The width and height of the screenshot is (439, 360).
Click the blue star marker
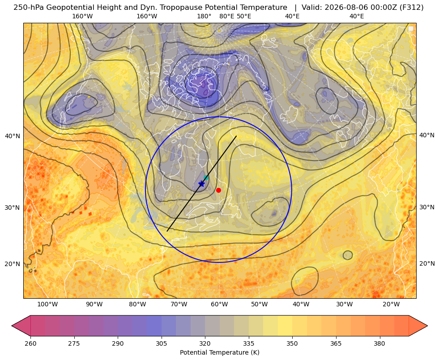tap(201, 184)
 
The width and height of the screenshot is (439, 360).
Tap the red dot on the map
tap(219, 190)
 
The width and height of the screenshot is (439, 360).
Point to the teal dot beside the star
tap(206, 178)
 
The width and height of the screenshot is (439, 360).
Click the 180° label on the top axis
tap(204, 16)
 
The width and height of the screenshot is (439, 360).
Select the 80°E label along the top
tap(226, 16)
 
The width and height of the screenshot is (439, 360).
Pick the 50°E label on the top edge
tap(244, 16)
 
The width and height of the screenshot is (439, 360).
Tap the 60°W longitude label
tap(219, 304)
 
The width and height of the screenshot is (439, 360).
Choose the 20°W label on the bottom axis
tap(391, 304)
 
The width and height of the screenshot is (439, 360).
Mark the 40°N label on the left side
tap(13, 136)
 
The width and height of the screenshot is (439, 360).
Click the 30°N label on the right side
tap(427, 207)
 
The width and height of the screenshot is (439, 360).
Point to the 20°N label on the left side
tap(13, 264)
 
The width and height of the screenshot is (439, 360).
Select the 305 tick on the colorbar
tap(161, 343)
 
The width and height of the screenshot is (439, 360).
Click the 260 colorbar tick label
tap(30, 343)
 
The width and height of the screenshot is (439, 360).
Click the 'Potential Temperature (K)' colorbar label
tap(219, 352)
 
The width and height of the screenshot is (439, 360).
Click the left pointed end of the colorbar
tap(12, 326)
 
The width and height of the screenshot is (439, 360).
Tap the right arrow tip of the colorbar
tap(427, 326)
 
